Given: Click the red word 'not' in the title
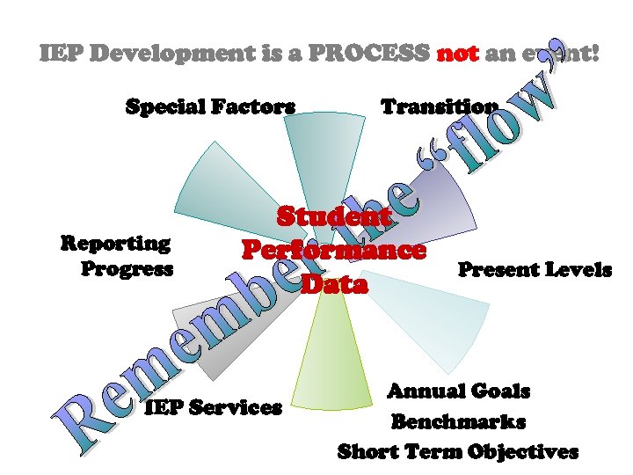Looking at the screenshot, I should pyautogui.click(x=456, y=54).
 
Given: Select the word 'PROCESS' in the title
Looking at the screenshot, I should pyautogui.click(x=381, y=54).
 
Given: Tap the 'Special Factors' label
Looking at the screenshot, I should pyautogui.click(x=210, y=107).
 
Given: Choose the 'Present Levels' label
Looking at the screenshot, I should pyautogui.click(x=535, y=269).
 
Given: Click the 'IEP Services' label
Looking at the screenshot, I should pyautogui.click(x=213, y=407).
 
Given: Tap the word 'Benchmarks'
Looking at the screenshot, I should pyautogui.click(x=458, y=421).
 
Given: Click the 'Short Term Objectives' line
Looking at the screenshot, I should pyautogui.click(x=458, y=452).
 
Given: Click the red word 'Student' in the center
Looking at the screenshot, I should pyautogui.click(x=333, y=216).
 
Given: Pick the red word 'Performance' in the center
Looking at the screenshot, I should pyautogui.click(x=333, y=250).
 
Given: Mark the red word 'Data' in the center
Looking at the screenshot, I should pyautogui.click(x=333, y=284).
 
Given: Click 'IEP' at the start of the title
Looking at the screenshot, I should pyautogui.click(x=62, y=54).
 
